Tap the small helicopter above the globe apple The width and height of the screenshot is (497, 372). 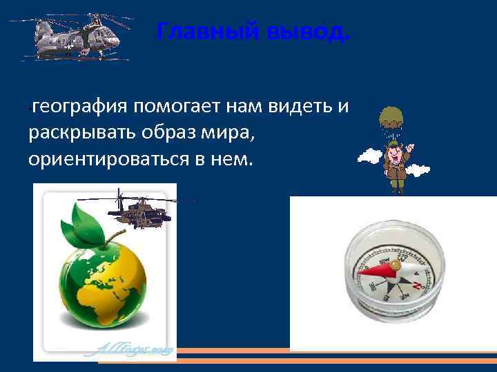(141, 211)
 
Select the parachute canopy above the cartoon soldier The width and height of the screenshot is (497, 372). (393, 118)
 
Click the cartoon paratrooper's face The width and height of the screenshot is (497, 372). (394, 151)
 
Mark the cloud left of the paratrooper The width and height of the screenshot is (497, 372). (370, 156)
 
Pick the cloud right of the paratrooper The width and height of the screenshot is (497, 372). (418, 169)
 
